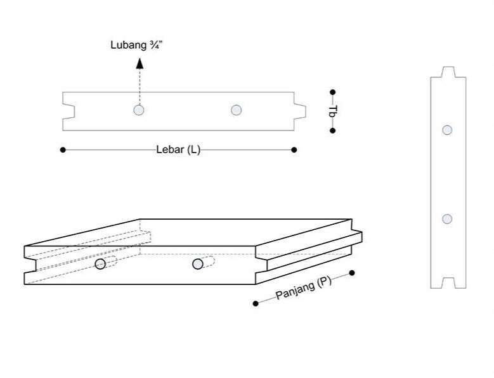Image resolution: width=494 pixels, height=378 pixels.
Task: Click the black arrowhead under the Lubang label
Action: [140, 63]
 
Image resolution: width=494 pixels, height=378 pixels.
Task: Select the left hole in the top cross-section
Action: [139, 110]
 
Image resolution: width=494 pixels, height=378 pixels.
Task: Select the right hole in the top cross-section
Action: [237, 110]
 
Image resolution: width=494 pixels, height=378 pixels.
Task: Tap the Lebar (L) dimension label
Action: [178, 150]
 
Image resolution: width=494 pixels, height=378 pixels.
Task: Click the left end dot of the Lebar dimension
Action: [63, 150]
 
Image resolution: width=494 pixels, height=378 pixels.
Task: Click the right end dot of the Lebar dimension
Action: [294, 150]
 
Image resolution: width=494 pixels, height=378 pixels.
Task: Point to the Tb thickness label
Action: [332, 111]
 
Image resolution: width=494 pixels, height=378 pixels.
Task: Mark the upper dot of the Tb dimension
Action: [333, 92]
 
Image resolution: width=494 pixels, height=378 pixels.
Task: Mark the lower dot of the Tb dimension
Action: [333, 130]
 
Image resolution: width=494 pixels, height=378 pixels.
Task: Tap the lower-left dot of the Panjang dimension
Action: [256, 304]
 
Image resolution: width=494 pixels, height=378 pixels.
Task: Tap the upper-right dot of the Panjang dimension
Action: [352, 274]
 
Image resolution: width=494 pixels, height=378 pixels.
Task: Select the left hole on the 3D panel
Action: [100, 264]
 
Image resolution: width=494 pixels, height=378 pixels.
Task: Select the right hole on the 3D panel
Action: [198, 263]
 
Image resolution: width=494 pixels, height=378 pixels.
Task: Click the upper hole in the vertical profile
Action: [447, 130]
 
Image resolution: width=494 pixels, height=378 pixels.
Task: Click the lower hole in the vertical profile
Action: [447, 219]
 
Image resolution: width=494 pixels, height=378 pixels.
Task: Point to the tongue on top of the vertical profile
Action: [448, 72]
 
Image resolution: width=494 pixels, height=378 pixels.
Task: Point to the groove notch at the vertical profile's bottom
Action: [448, 283]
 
